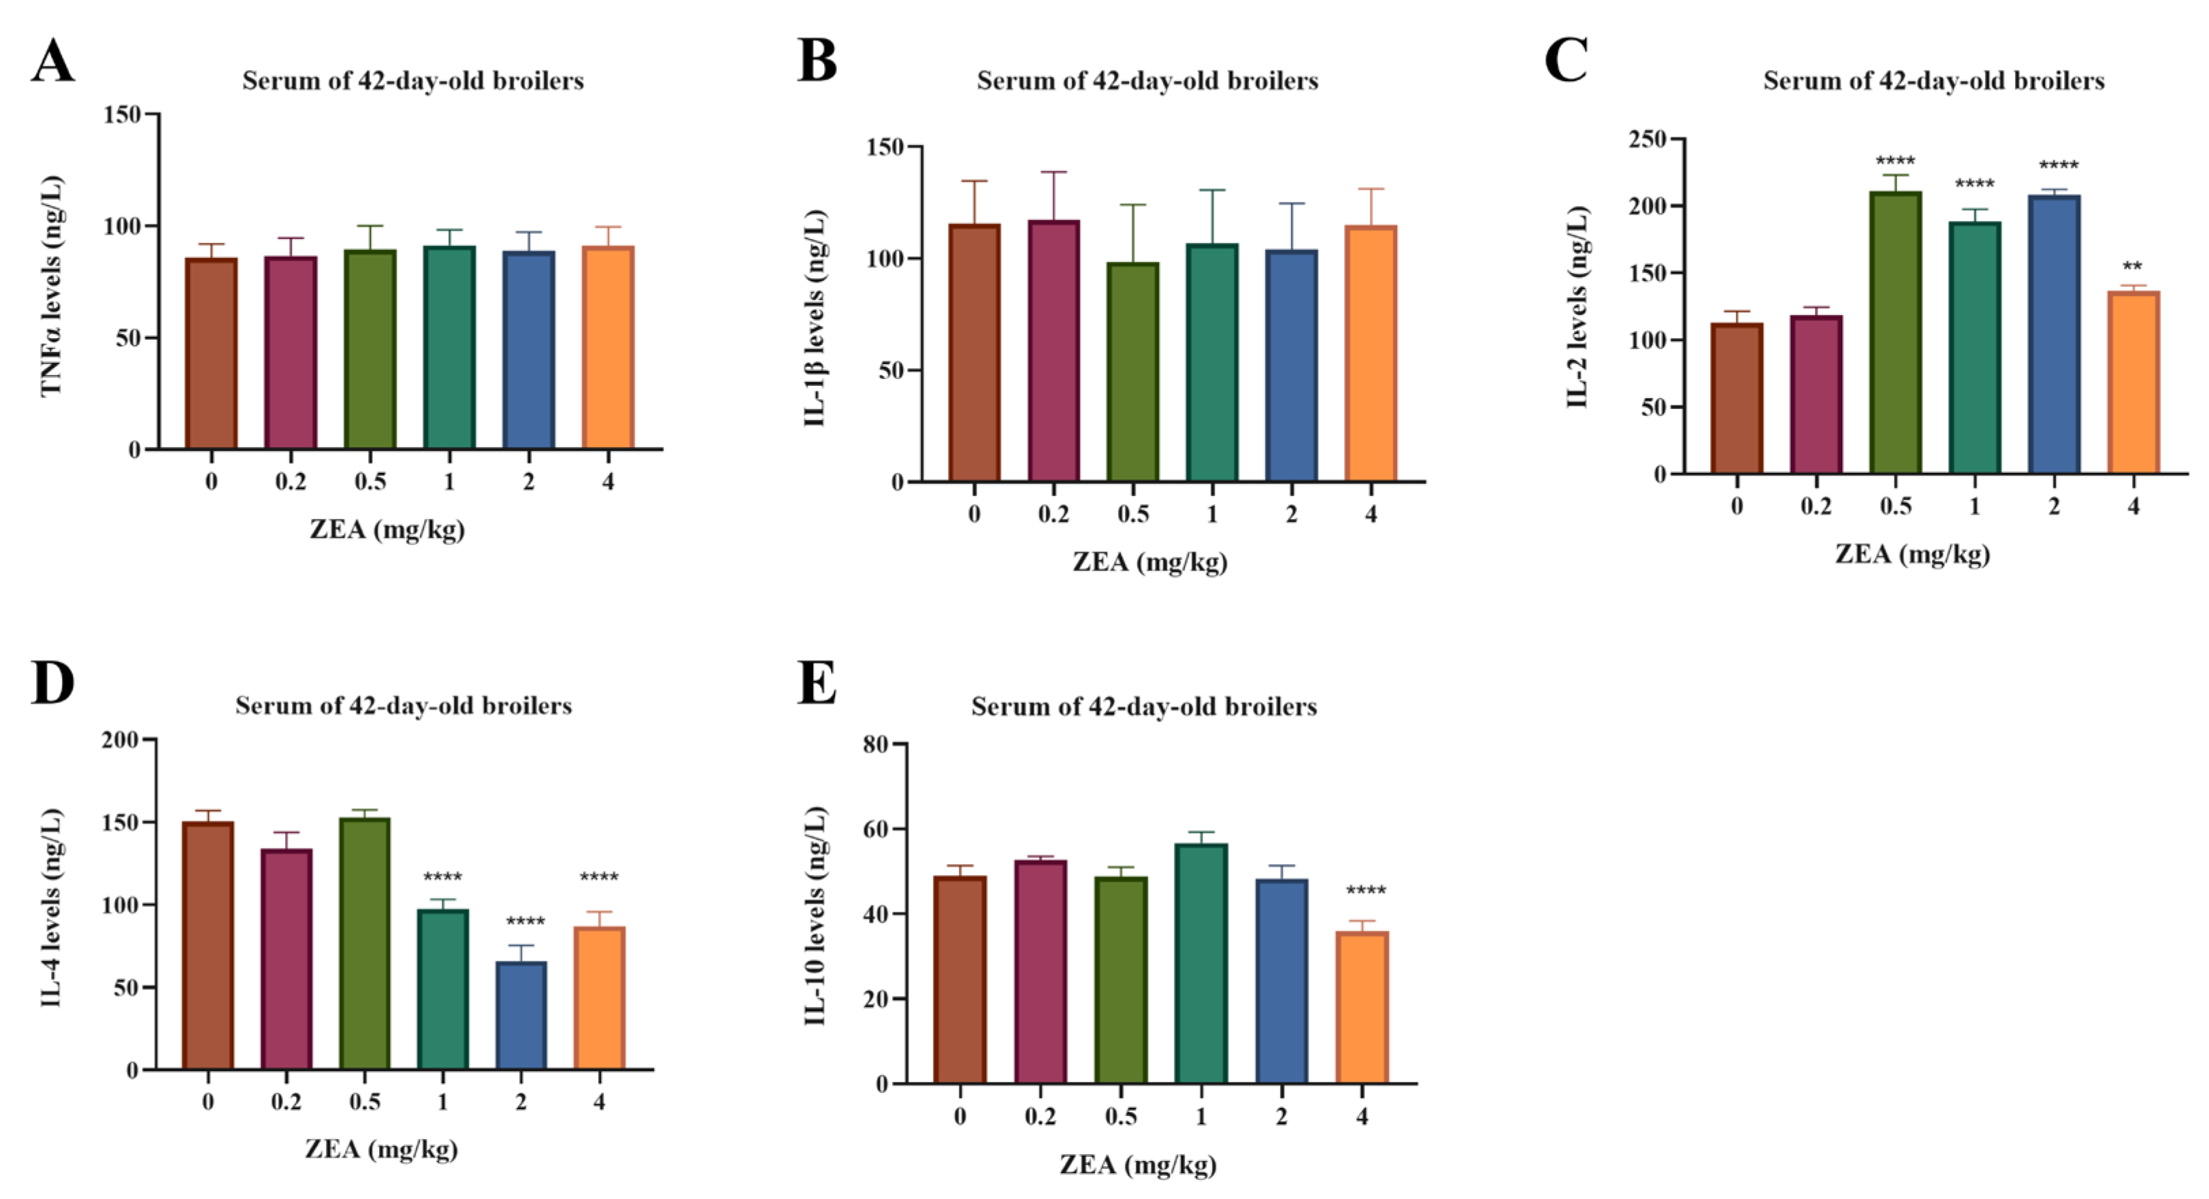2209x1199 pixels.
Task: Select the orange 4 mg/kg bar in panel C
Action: pos(2133,382)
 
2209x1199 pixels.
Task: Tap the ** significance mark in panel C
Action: pos(2133,267)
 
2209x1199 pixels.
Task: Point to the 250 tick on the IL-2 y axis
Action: pos(1646,139)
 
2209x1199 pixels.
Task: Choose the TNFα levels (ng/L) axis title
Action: pos(52,286)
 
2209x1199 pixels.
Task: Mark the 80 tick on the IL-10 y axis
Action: pos(874,744)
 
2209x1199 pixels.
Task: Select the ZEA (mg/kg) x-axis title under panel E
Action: pos(1138,1165)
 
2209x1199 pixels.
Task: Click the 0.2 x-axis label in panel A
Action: pos(291,482)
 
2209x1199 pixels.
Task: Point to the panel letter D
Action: pos(52,684)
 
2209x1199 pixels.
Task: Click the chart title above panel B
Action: pos(1147,80)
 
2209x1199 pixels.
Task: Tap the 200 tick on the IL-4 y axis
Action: pos(119,739)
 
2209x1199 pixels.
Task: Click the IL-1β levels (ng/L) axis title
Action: pos(815,317)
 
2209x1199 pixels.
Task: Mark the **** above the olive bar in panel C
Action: pos(1895,161)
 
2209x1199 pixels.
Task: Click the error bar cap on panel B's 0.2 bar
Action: pos(1054,172)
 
